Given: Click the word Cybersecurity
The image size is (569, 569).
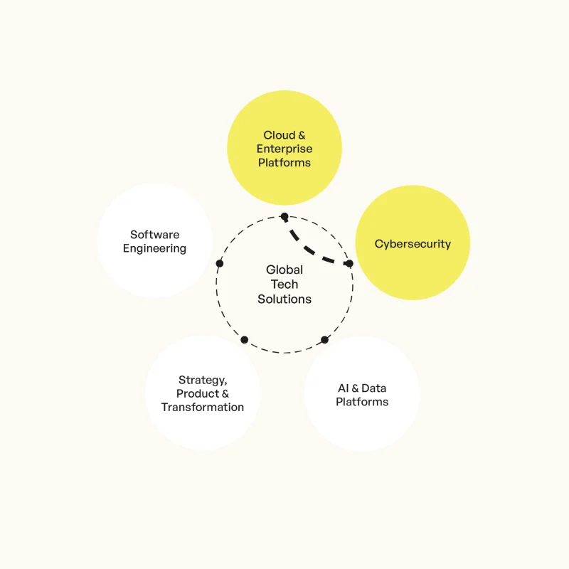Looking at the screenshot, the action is tap(413, 244).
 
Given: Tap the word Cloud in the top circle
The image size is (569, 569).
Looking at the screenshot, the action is tap(279, 135).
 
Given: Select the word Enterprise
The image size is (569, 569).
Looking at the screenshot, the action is tap(284, 149).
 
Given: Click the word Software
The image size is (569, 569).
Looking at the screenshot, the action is tap(154, 235).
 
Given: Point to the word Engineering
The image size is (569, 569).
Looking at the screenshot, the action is tap(154, 248).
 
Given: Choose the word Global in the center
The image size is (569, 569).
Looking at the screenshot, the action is tap(284, 270).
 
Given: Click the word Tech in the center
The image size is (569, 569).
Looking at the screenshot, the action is tap(284, 284).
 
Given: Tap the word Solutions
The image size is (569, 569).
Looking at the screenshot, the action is tap(284, 299).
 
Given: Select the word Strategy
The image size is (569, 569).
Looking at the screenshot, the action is tap(203, 381).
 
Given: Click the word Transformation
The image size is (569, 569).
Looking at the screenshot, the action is tap(203, 407).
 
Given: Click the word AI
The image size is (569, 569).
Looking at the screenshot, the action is tap(344, 388).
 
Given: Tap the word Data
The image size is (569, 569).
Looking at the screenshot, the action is tap(374, 388).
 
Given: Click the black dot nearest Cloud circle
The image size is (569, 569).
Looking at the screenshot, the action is tap(284, 217).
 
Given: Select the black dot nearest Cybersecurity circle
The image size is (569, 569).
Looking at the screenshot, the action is tap(349, 263).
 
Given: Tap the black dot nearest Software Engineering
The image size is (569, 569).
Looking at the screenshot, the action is tap(220, 263).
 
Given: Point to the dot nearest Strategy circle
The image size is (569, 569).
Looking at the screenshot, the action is tap(245, 340).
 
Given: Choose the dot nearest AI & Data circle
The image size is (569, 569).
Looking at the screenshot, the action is tap(325, 340).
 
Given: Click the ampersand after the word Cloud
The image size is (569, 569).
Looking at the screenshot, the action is tap(302, 135).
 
